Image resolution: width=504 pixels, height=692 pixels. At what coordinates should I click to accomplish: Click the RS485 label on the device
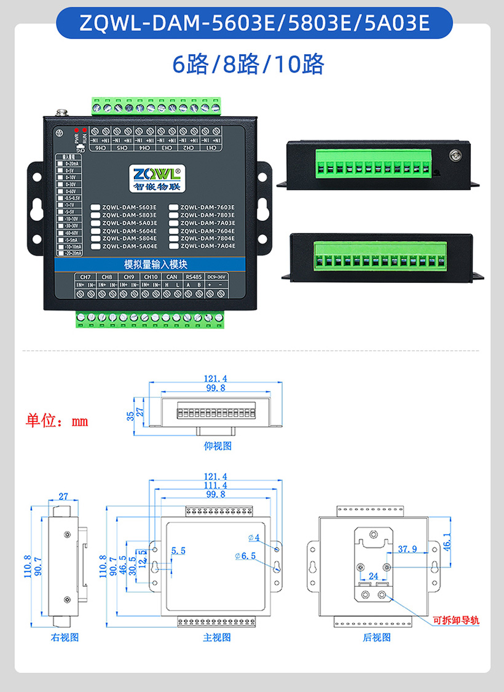click(x=194, y=277)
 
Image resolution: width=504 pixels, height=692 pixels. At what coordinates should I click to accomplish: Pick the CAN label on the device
click(x=172, y=277)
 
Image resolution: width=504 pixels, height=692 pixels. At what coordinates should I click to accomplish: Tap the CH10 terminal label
click(x=151, y=277)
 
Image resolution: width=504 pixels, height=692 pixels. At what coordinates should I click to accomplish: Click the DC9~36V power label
click(x=216, y=277)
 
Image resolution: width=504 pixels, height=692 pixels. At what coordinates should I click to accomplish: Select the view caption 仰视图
click(x=218, y=446)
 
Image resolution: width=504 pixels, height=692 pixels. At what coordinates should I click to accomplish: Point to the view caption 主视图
click(x=216, y=637)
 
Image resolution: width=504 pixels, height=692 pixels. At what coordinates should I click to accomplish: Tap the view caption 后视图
click(x=376, y=637)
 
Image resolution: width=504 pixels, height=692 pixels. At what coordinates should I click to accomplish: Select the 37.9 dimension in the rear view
click(x=408, y=549)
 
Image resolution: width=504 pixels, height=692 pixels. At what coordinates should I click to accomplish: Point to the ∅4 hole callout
click(x=254, y=538)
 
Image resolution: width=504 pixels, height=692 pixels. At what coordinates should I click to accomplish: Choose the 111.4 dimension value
click(x=216, y=485)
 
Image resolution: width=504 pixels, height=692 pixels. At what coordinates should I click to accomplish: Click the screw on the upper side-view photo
click(x=455, y=156)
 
